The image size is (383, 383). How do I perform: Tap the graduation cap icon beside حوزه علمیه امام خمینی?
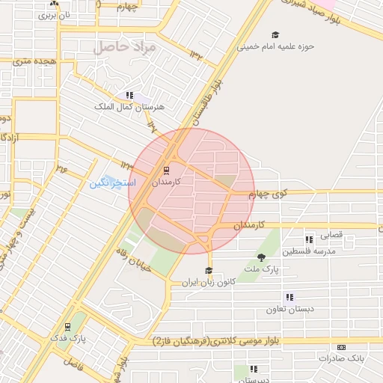coord(275,35)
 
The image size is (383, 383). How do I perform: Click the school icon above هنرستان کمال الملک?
coord(129,96)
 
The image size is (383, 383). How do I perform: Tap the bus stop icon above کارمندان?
coord(166,169)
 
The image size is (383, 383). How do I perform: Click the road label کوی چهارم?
coord(270,194)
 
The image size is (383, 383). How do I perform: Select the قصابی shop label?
coord(331,234)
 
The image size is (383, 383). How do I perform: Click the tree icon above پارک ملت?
coord(260,257)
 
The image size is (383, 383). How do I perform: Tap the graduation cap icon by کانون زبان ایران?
coord(209,271)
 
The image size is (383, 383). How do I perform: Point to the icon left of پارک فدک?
coord(68,326)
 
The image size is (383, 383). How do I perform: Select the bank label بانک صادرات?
coord(340,358)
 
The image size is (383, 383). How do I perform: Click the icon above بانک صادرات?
coord(342,347)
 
